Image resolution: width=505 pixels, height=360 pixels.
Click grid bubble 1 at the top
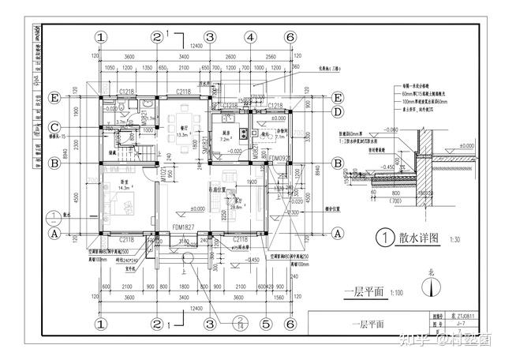tap(101, 36)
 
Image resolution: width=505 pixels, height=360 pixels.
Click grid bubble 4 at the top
tap(249, 36)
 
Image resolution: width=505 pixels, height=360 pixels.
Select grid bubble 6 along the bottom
tap(290, 324)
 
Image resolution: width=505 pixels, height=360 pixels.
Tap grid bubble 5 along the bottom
tap(266, 324)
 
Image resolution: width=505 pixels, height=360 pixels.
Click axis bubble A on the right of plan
tap(337, 233)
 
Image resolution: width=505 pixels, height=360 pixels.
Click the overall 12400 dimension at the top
tap(196, 47)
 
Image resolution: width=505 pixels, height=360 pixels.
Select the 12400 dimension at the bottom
tap(195, 308)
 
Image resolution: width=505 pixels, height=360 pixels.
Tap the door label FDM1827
tap(183, 227)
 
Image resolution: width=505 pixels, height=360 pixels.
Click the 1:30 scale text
tap(456, 239)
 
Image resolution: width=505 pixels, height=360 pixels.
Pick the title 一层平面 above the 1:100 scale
tap(364, 291)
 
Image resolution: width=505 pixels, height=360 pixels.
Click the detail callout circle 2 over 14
tap(239, 323)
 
